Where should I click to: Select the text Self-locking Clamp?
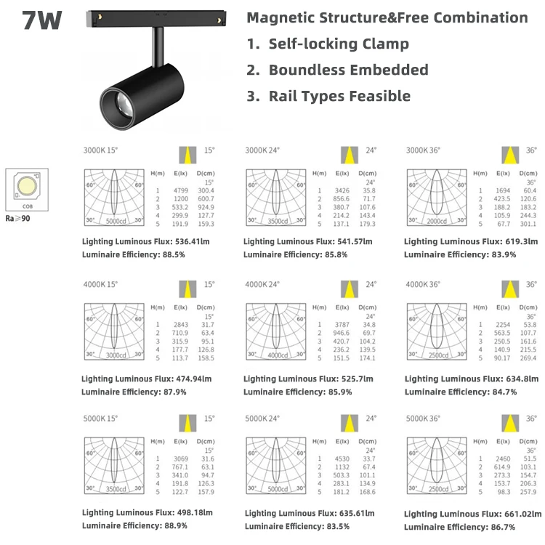[x=339, y=44]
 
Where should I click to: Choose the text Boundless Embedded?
[x=348, y=70]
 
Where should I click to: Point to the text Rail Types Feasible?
[x=339, y=96]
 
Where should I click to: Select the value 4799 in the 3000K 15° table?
[x=181, y=189]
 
